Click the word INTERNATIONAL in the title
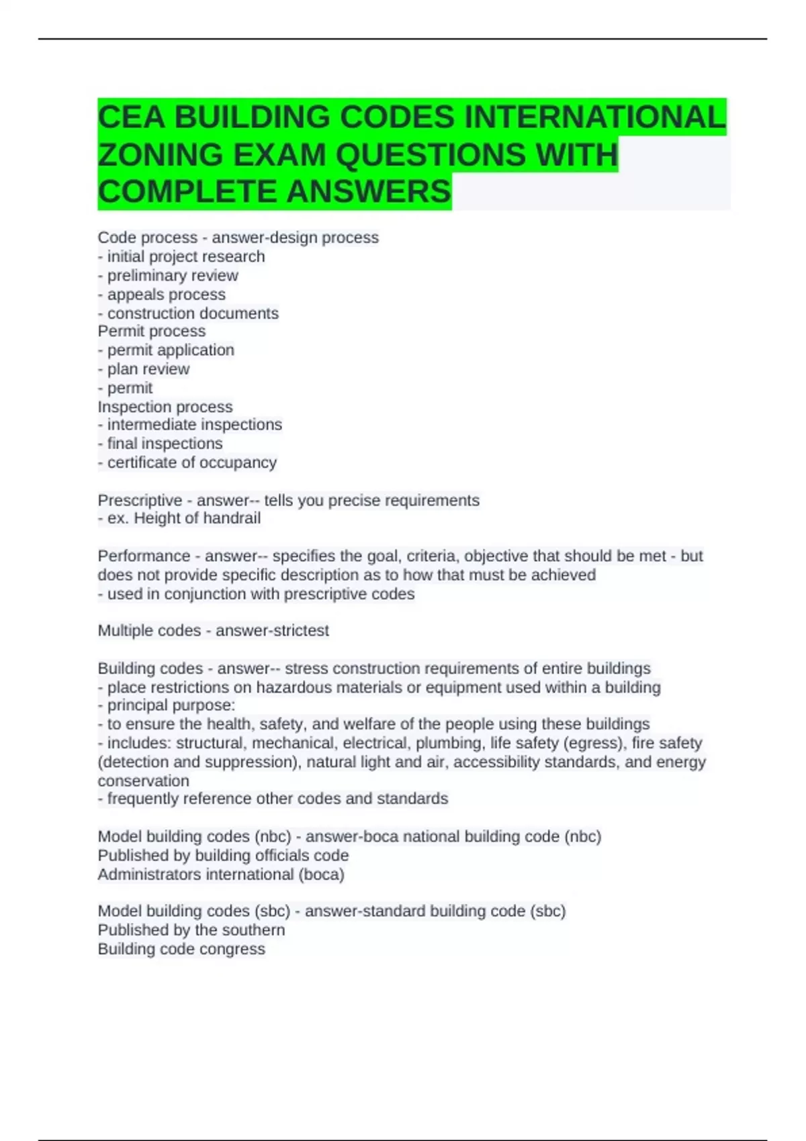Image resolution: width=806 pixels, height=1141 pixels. [x=594, y=117]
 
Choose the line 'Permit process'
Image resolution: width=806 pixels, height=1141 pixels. [x=152, y=331]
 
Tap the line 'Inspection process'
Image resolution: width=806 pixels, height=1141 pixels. [x=165, y=407]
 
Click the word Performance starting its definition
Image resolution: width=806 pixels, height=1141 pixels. [x=144, y=556]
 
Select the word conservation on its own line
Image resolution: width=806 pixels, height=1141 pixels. [x=144, y=781]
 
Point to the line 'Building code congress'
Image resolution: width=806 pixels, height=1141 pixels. [x=181, y=949]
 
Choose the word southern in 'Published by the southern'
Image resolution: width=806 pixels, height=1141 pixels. [x=258, y=930]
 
